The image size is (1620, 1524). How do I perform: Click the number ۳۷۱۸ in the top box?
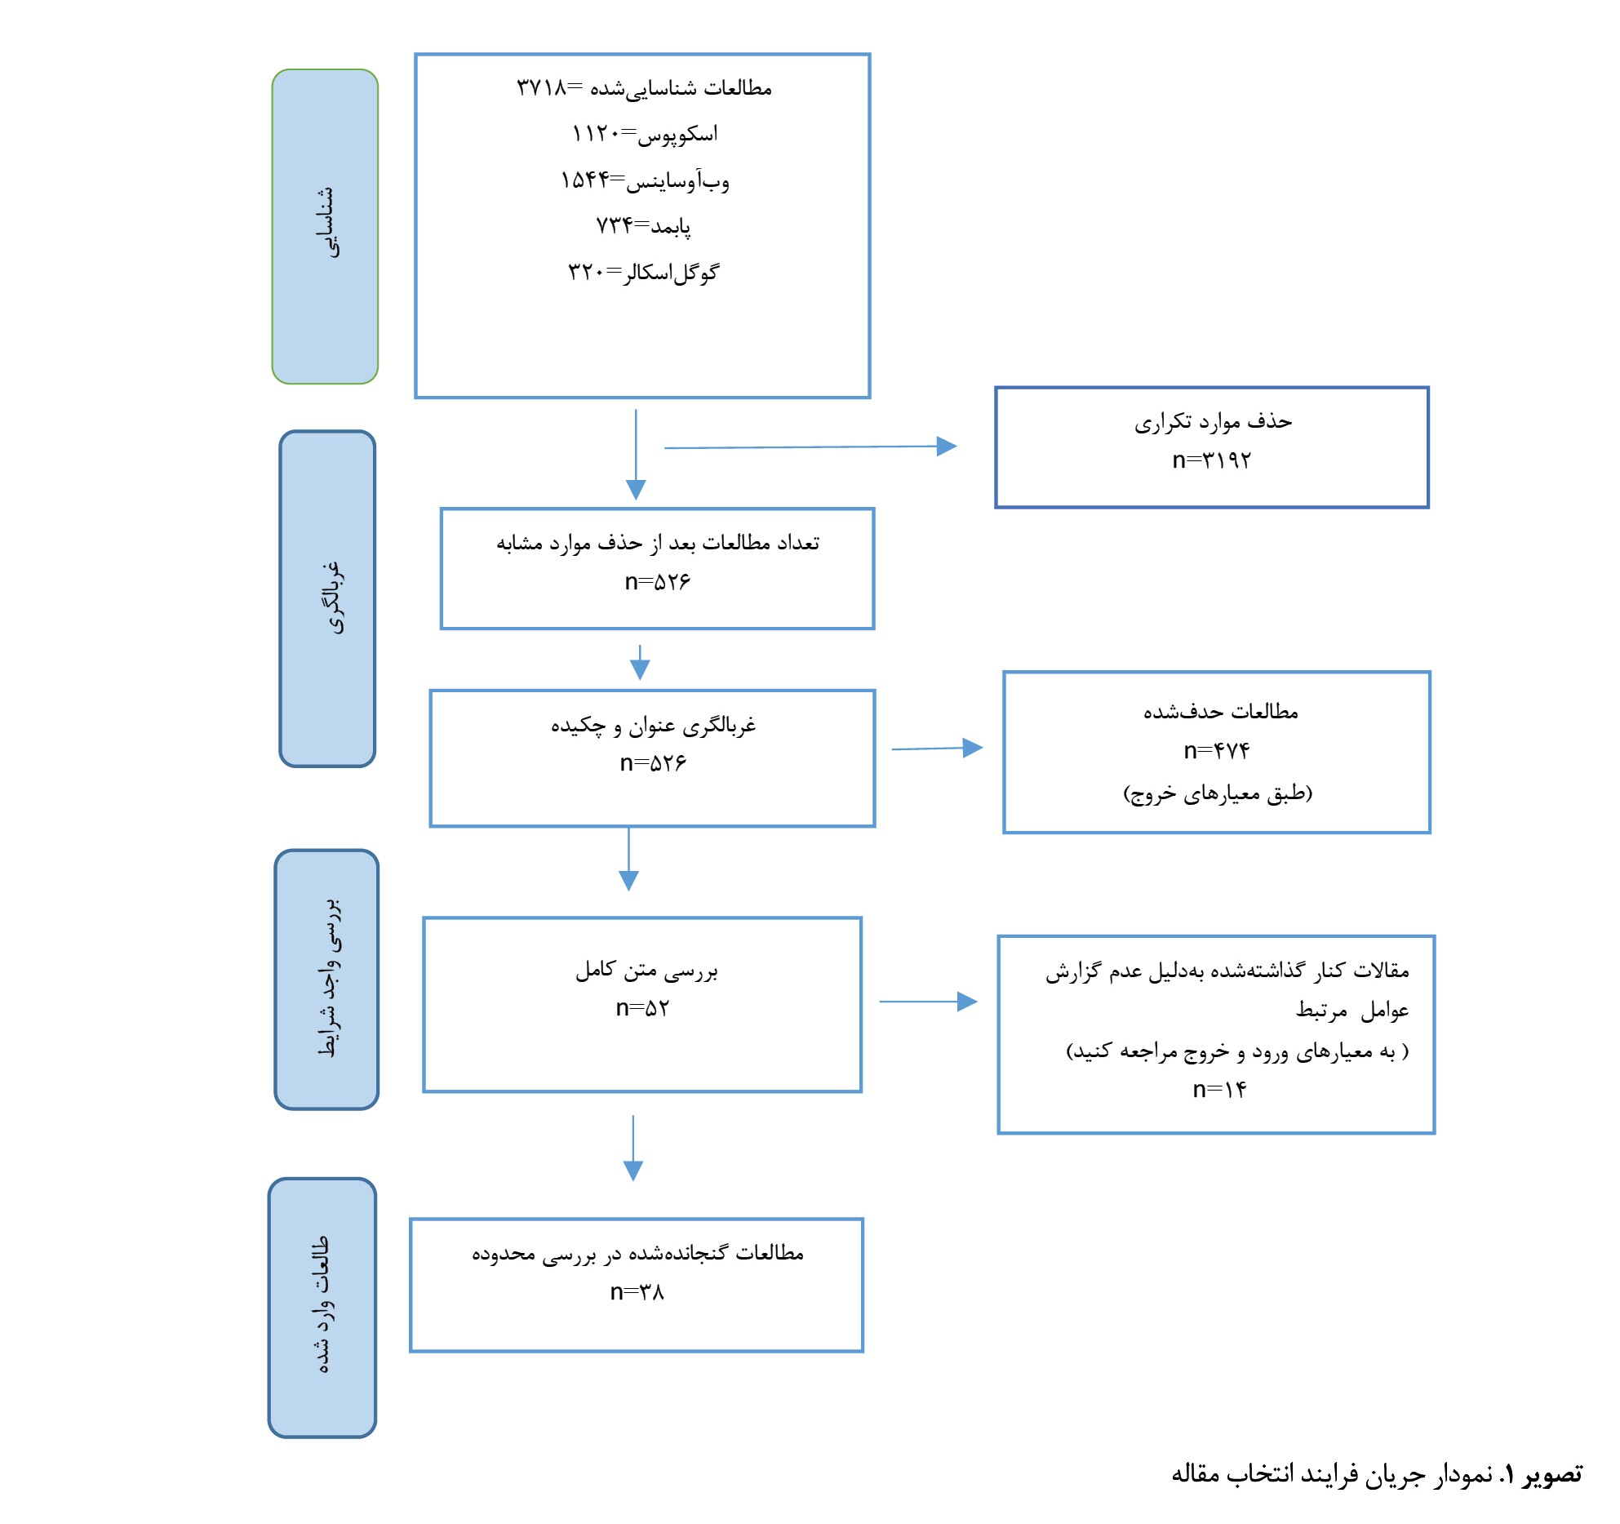click(x=541, y=87)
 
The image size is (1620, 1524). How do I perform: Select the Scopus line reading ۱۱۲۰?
click(x=645, y=133)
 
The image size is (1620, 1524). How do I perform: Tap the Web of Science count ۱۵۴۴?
click(x=584, y=180)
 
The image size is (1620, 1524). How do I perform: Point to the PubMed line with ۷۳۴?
click(x=644, y=224)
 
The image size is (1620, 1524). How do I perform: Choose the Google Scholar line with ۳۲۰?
click(x=643, y=272)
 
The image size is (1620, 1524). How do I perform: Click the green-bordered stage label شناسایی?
click(x=325, y=226)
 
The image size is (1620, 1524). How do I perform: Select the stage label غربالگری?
click(x=327, y=598)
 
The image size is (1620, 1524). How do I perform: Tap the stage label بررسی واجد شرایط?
click(x=326, y=980)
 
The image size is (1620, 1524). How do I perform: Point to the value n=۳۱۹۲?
click(x=1211, y=460)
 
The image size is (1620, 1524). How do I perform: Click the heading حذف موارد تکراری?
click(x=1213, y=421)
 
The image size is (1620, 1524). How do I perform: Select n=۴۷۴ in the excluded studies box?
click(x=1217, y=750)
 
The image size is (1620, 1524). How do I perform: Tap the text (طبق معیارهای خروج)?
click(x=1218, y=793)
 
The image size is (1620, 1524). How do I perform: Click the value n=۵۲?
click(x=642, y=1008)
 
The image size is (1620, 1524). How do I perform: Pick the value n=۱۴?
click(x=1219, y=1089)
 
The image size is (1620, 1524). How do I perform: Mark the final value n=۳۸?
click(x=637, y=1292)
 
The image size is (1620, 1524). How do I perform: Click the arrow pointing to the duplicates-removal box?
click(x=810, y=447)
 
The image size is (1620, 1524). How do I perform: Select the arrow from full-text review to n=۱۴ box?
click(x=928, y=1002)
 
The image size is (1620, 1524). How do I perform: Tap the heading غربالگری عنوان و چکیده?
click(x=653, y=725)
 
